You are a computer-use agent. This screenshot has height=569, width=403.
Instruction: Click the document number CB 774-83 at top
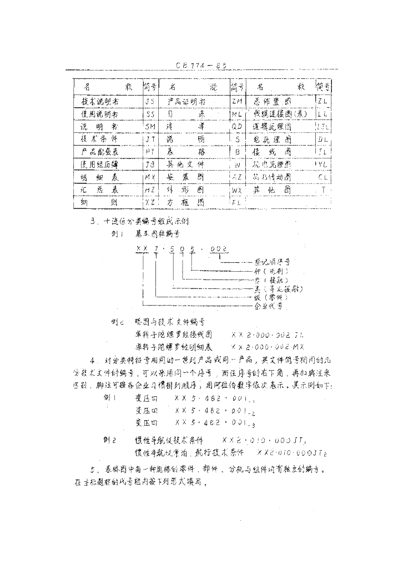tap(200, 64)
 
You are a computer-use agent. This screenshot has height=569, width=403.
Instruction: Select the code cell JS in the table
tap(150, 102)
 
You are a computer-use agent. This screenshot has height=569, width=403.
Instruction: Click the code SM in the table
tap(150, 127)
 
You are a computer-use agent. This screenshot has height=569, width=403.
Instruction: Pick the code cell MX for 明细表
tap(150, 177)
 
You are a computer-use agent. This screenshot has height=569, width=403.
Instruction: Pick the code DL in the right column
tap(323, 139)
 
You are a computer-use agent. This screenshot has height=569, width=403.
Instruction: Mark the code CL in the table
tap(323, 177)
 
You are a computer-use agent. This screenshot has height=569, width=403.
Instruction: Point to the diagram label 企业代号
tap(268, 306)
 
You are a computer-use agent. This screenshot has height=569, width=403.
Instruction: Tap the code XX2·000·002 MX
tap(268, 346)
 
